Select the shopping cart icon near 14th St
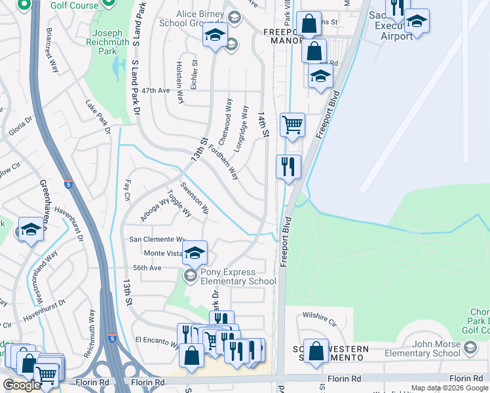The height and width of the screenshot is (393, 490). click(x=292, y=124)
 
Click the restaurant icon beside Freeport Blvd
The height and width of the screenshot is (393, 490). click(x=288, y=166)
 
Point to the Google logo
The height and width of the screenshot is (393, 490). click(x=21, y=385)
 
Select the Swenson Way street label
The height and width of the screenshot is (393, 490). click(x=195, y=198)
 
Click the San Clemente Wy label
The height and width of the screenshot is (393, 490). click(x=157, y=240)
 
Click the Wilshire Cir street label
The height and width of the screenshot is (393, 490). click(x=320, y=323)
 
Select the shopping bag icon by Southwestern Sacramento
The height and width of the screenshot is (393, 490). click(x=316, y=350)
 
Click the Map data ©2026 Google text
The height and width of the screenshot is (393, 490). click(x=449, y=388)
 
